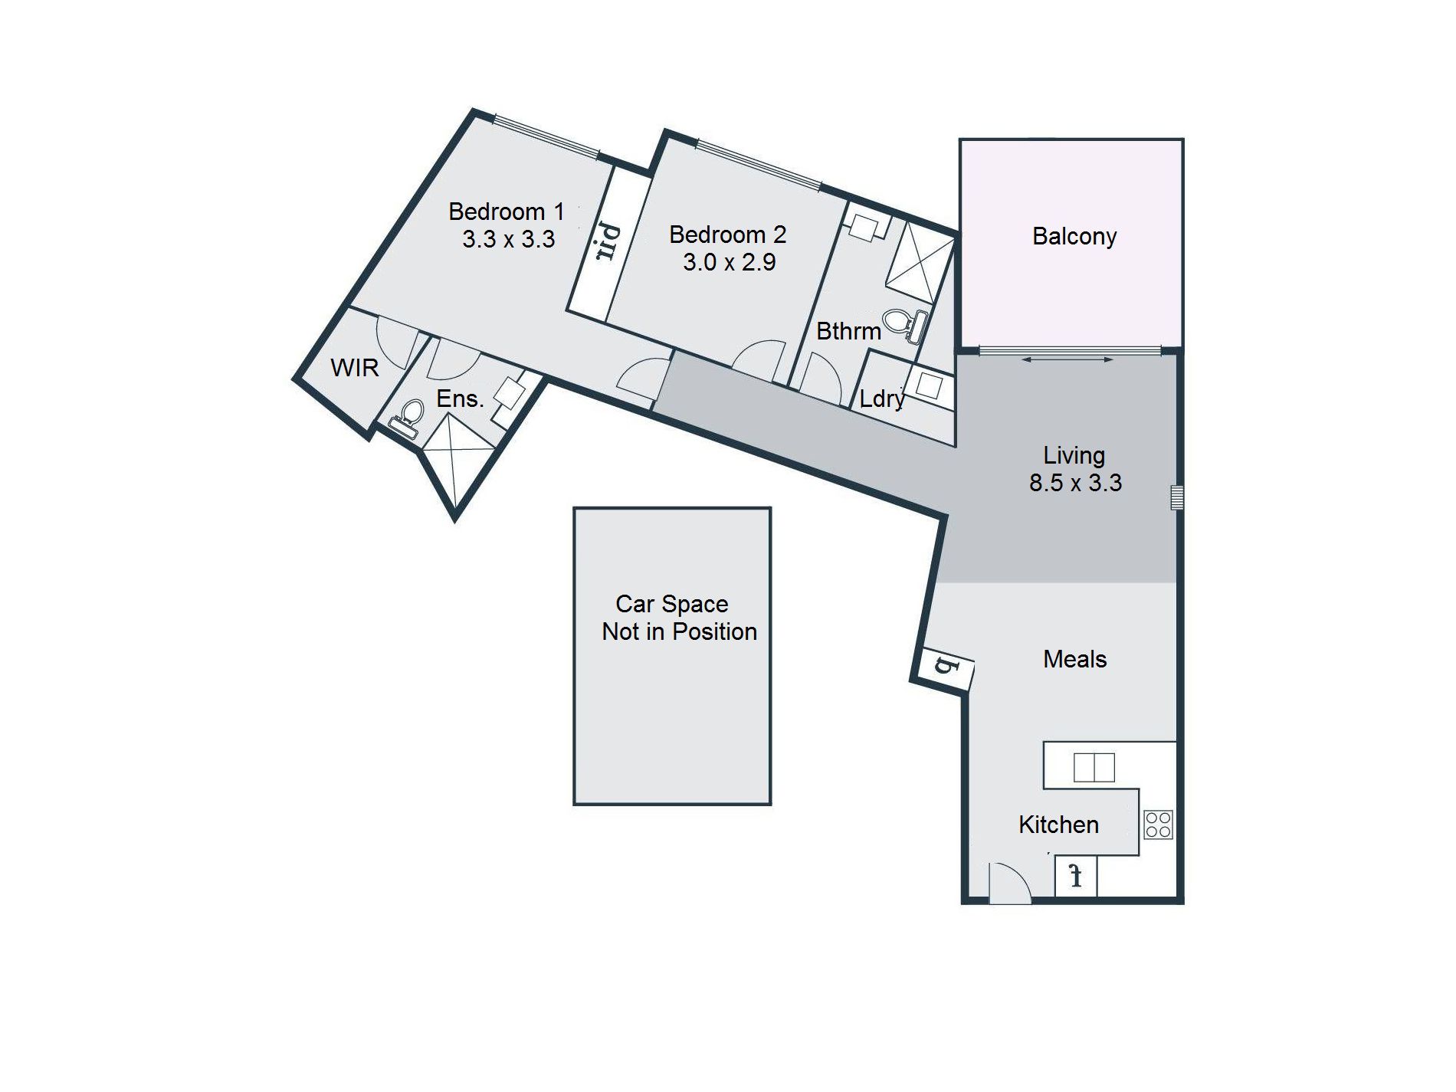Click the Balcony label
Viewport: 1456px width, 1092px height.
click(1074, 236)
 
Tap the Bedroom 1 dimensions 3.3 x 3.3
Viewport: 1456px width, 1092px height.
click(509, 239)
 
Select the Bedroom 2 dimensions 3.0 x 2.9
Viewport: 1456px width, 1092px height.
click(730, 262)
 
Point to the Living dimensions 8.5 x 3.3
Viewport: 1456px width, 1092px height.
click(1076, 483)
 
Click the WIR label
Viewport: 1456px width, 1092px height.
click(355, 368)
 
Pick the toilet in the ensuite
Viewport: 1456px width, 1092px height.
click(406, 418)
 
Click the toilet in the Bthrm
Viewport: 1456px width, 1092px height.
click(907, 325)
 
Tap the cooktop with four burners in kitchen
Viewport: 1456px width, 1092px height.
click(1158, 825)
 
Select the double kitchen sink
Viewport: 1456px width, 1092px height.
click(1094, 767)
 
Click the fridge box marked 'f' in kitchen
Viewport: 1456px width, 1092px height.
click(1076, 876)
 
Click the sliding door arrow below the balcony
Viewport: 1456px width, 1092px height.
click(1067, 359)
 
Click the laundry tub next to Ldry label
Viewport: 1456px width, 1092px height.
click(929, 385)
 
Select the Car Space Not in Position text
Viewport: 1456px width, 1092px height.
click(679, 618)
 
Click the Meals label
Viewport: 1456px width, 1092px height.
click(1075, 659)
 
